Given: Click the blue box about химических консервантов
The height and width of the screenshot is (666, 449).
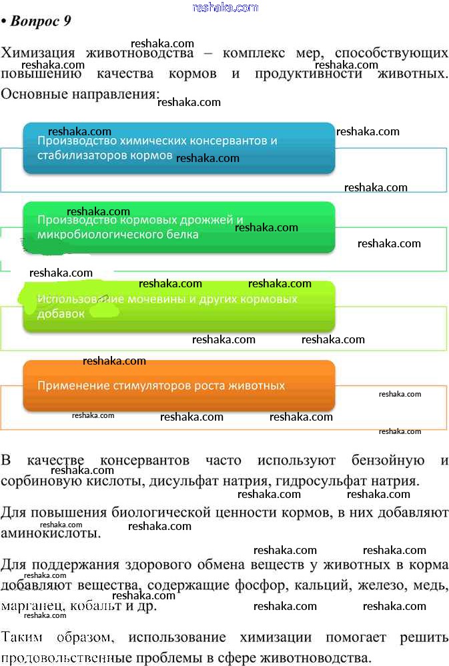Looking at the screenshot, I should [179, 148].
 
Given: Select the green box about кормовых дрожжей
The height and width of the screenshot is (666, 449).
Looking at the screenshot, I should [179, 227].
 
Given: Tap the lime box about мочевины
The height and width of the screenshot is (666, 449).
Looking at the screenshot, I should [179, 306].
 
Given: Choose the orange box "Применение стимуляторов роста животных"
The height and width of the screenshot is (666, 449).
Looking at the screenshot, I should [179, 386].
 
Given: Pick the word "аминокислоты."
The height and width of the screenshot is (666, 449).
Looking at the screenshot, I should [51, 533].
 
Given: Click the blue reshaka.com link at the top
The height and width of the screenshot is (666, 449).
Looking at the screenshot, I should [225, 7].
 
